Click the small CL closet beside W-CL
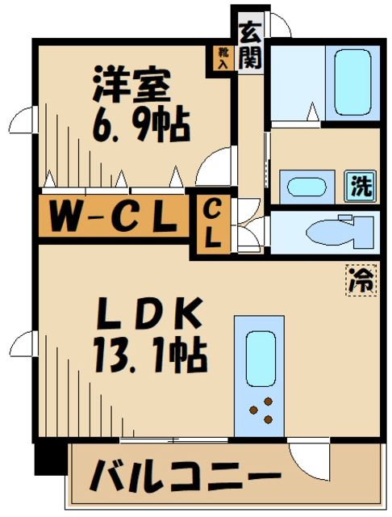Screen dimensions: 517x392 click(213, 225)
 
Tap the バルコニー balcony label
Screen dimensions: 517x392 click(186, 478)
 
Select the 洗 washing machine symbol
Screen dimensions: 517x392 click(360, 187)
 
